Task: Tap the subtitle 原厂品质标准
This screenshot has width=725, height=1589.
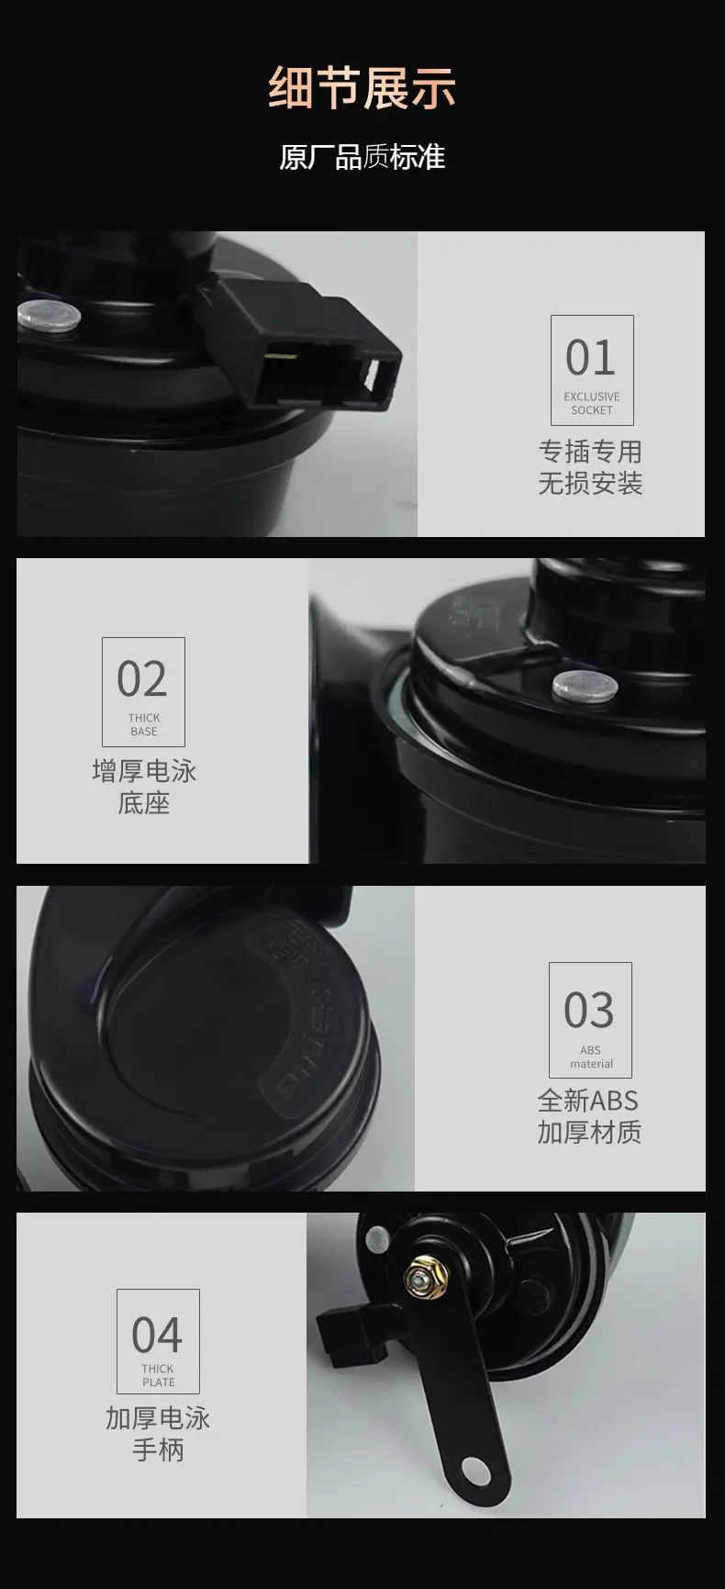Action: coord(362,157)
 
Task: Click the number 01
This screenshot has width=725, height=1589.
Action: coord(590,358)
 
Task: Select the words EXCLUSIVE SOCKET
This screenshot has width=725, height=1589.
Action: coord(592,404)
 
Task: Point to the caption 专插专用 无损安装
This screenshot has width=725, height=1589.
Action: coord(590,467)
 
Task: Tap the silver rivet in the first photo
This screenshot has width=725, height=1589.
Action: coord(50,316)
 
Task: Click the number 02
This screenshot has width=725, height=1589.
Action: coord(142,679)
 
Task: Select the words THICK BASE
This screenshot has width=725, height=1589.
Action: coord(144,725)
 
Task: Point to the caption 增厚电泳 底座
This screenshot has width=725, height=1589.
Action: coord(144,788)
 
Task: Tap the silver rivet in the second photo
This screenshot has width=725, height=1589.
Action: coord(584,685)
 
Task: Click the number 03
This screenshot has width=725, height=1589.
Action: coord(589,1011)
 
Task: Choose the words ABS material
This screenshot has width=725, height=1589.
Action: coord(591,1057)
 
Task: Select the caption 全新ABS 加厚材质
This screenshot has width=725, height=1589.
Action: coord(589,1116)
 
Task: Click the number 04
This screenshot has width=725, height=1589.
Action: coord(157,1336)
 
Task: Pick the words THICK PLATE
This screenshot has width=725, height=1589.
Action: coord(158,1375)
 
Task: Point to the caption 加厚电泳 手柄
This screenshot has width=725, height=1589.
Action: coord(158,1434)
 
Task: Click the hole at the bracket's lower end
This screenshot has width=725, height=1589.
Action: coord(474,1469)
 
